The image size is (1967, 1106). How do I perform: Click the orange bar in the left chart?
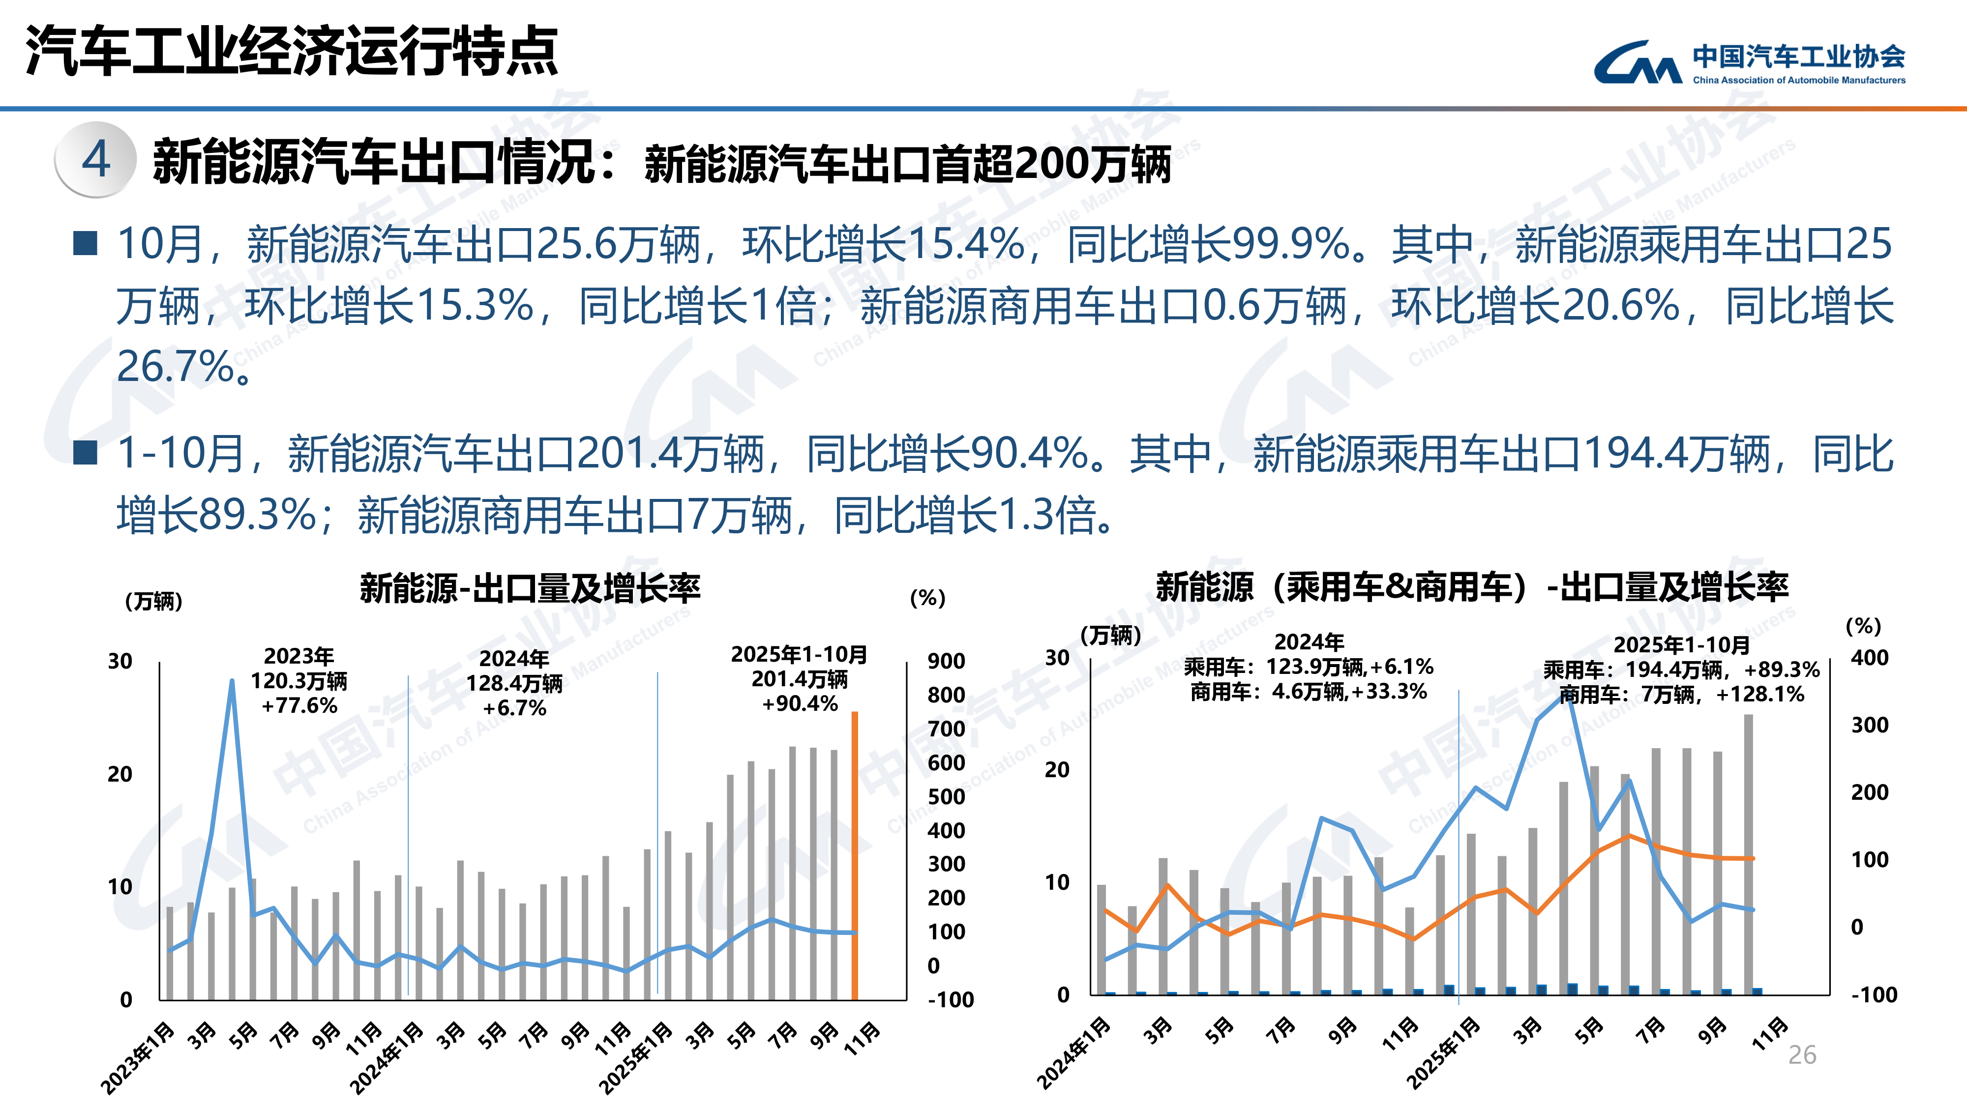tap(855, 855)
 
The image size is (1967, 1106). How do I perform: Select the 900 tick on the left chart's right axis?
tap(945, 661)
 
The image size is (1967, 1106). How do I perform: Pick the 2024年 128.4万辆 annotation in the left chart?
tap(514, 683)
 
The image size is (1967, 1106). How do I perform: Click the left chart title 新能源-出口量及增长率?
tap(530, 588)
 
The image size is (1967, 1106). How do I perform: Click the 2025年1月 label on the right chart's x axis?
tap(1443, 1053)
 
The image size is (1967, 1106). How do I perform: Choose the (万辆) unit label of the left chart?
tap(153, 602)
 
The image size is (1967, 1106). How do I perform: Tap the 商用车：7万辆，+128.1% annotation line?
tap(1681, 695)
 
